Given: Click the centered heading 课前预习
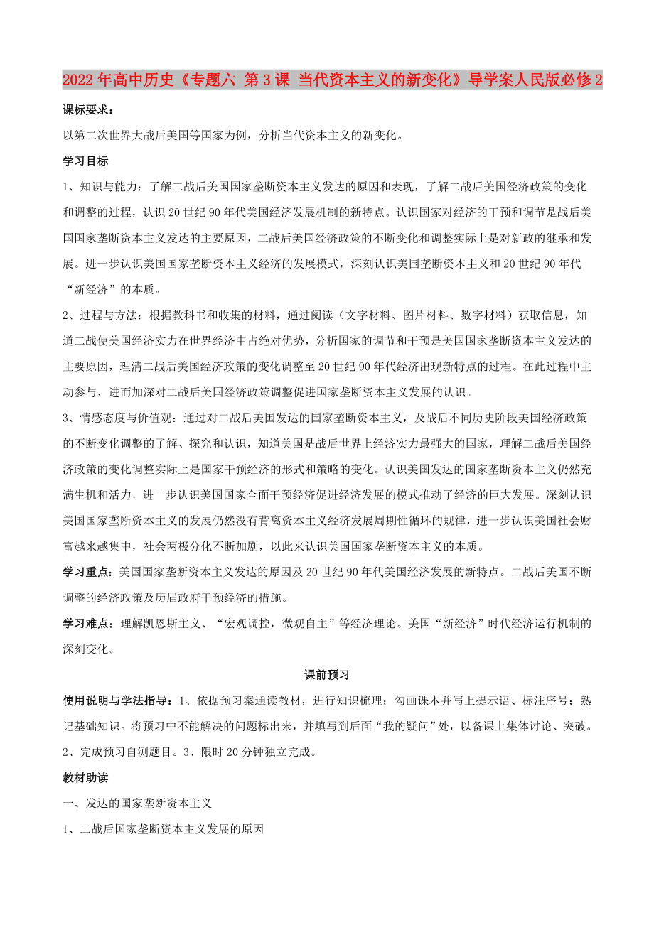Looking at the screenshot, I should (x=326, y=674).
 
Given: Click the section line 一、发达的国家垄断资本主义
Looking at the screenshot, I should (x=138, y=803).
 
